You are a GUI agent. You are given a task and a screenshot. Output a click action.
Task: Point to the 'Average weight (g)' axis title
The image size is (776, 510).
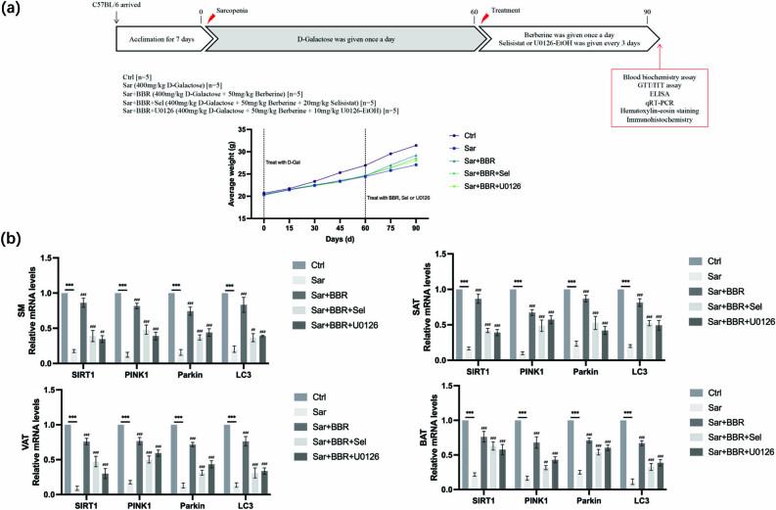(232, 174)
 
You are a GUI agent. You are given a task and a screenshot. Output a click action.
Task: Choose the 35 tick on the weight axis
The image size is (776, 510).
(246, 129)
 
